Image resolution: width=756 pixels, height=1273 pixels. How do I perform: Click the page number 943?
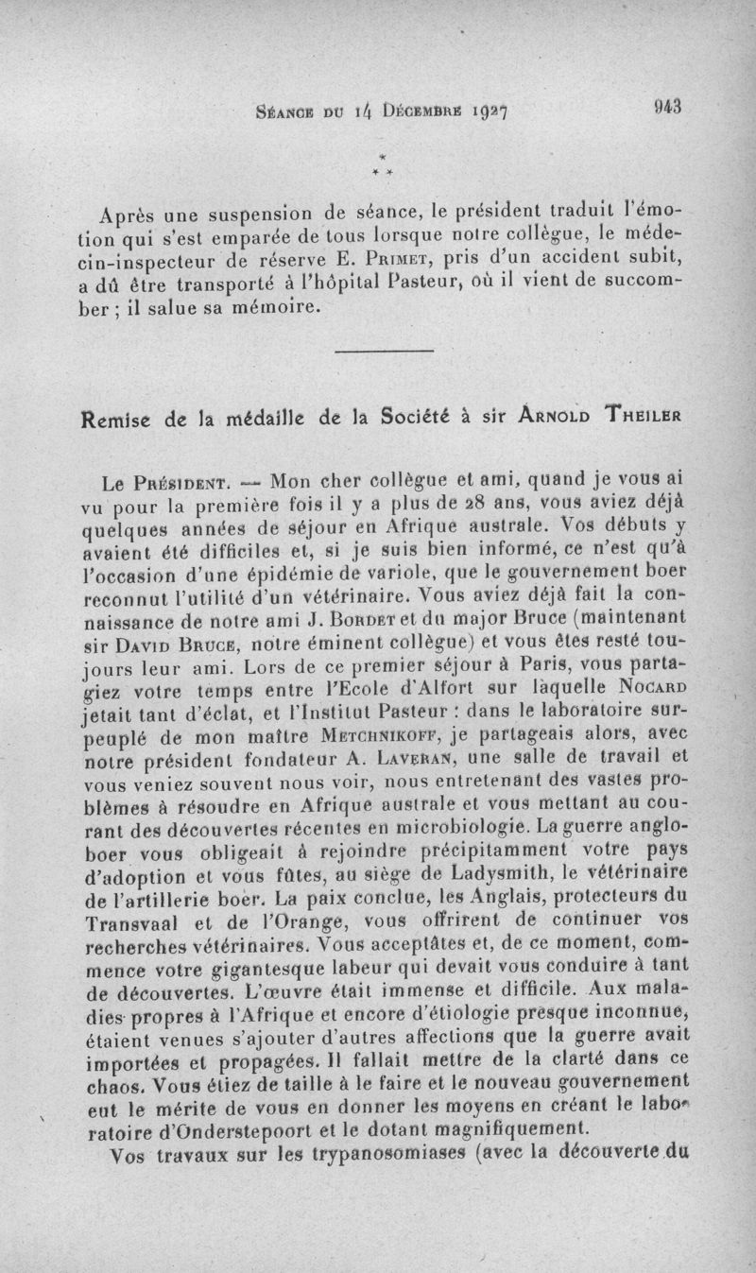pos(666,107)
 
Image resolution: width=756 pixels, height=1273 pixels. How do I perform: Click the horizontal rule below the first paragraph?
pos(384,353)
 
